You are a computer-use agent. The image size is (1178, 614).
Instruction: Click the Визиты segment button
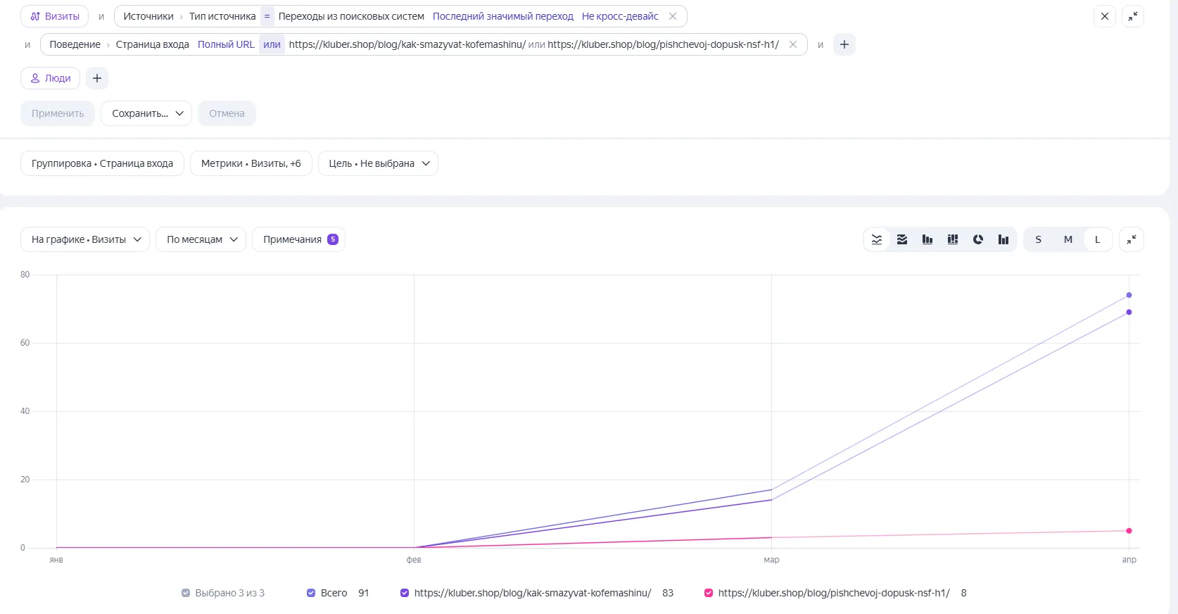55,16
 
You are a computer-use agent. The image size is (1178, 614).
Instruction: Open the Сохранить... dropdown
146,113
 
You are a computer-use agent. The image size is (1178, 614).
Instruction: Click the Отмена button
227,113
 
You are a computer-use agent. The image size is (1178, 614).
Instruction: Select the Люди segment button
51,78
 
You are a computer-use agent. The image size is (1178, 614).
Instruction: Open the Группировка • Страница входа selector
102,163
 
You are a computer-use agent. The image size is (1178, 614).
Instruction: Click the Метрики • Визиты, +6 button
251,163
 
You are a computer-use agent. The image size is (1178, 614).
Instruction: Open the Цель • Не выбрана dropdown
378,163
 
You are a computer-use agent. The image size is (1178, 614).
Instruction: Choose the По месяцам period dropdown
201,239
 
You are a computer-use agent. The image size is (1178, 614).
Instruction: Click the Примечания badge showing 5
332,239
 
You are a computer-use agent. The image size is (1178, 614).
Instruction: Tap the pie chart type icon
977,239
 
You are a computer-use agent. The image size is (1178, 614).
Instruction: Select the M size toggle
1068,239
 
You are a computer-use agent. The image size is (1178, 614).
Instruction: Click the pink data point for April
1129,531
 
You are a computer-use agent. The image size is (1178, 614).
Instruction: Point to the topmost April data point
1129,295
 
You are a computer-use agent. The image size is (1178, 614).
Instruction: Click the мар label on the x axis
771,559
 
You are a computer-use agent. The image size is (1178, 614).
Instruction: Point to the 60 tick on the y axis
25,342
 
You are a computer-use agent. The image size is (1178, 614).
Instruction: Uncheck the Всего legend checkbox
311,593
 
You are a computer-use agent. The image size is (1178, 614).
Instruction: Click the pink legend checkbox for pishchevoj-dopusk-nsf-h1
709,593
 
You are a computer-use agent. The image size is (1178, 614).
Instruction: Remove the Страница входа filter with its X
792,45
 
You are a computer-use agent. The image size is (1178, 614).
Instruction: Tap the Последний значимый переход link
502,16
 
